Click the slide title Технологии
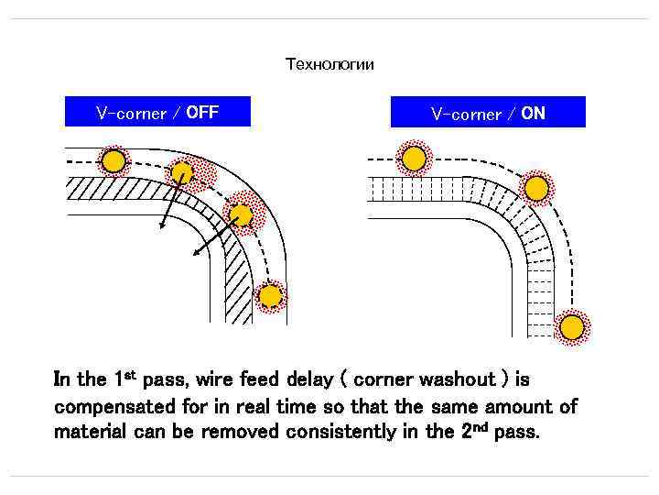tap(329, 64)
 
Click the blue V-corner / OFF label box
tap(157, 112)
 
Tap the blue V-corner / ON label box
tap(488, 113)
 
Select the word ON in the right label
tap(533, 114)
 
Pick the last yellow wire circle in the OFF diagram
tap(269, 296)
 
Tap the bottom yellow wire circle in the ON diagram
tap(572, 327)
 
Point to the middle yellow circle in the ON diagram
tap(536, 188)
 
